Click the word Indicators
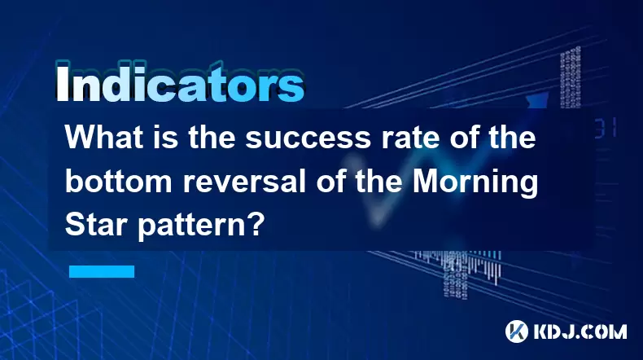pyautogui.click(x=180, y=83)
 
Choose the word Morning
pyautogui.click(x=475, y=183)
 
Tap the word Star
pyautogui.click(x=96, y=225)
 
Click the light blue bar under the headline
pyautogui.click(x=102, y=272)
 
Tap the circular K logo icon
pyautogui.click(x=517, y=331)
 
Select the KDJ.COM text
pyautogui.click(x=580, y=331)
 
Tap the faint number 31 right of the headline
pyautogui.click(x=606, y=128)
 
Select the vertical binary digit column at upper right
pyautogui.click(x=571, y=77)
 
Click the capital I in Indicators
pyautogui.click(x=62, y=83)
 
